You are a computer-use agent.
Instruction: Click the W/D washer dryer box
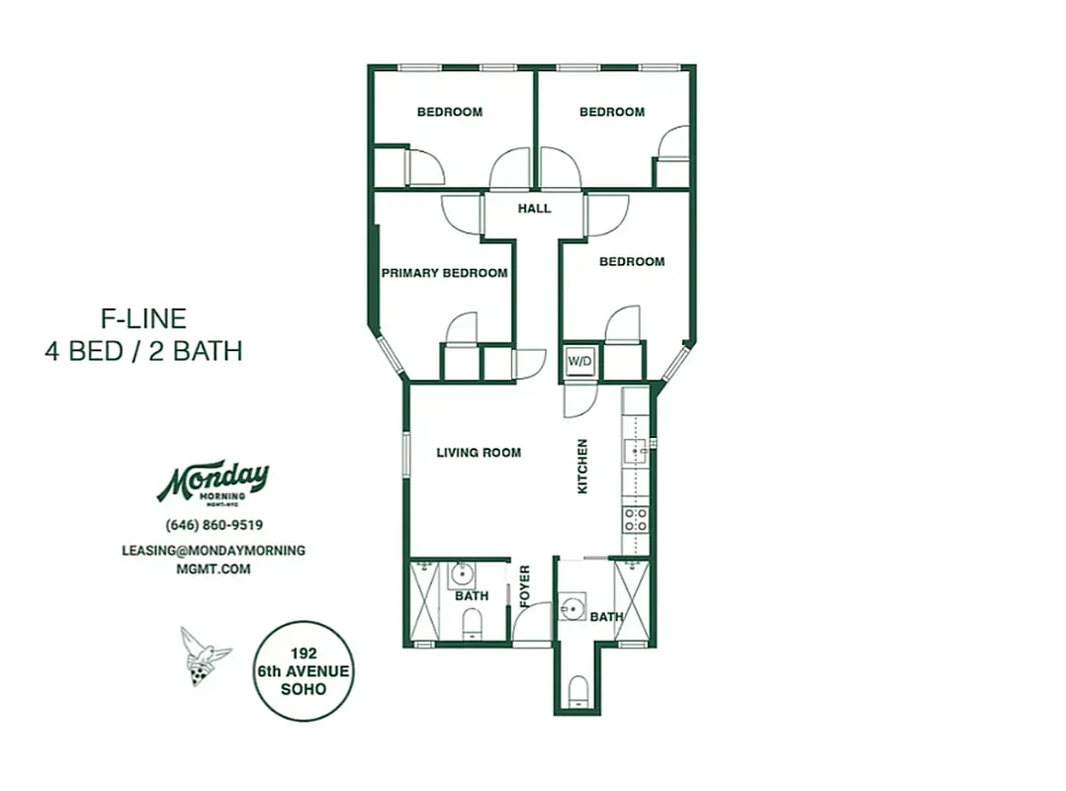click(x=578, y=363)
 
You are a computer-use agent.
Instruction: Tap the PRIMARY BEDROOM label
click(x=445, y=273)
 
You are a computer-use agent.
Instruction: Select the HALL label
click(x=534, y=209)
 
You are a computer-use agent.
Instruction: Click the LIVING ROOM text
click(x=479, y=453)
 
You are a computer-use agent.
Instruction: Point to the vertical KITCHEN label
click(x=582, y=467)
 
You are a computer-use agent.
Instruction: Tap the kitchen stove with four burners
click(x=635, y=520)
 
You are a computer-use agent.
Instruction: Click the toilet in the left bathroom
click(x=472, y=623)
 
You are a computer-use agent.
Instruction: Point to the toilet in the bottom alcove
click(x=577, y=688)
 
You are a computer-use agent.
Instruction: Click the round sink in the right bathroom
click(x=571, y=606)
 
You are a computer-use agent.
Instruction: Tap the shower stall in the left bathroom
click(x=424, y=602)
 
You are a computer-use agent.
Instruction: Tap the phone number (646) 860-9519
click(x=214, y=526)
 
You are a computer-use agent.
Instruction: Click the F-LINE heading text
click(x=143, y=318)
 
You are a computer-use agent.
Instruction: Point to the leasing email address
click(x=214, y=560)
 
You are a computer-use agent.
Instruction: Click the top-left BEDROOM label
click(x=449, y=113)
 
